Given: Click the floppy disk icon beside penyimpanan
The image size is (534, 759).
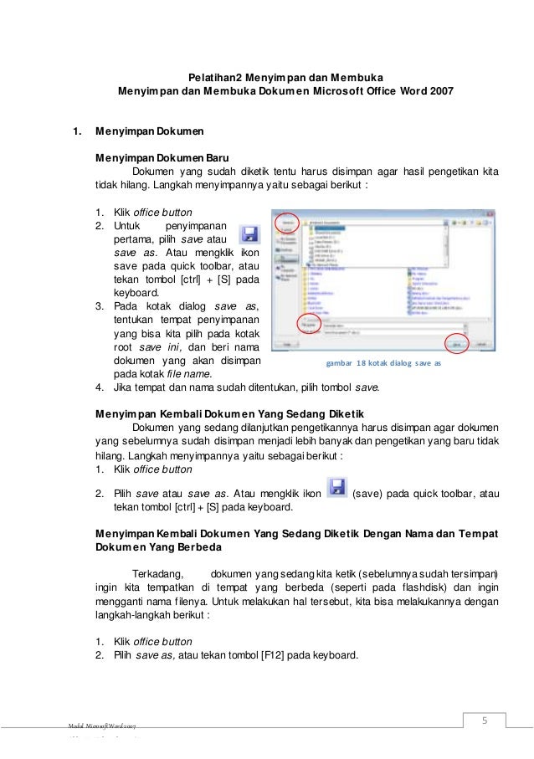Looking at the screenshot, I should (x=249, y=233).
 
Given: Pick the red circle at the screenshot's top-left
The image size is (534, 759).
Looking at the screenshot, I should (x=287, y=223).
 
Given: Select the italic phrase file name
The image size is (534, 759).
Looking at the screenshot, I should (x=189, y=373).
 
